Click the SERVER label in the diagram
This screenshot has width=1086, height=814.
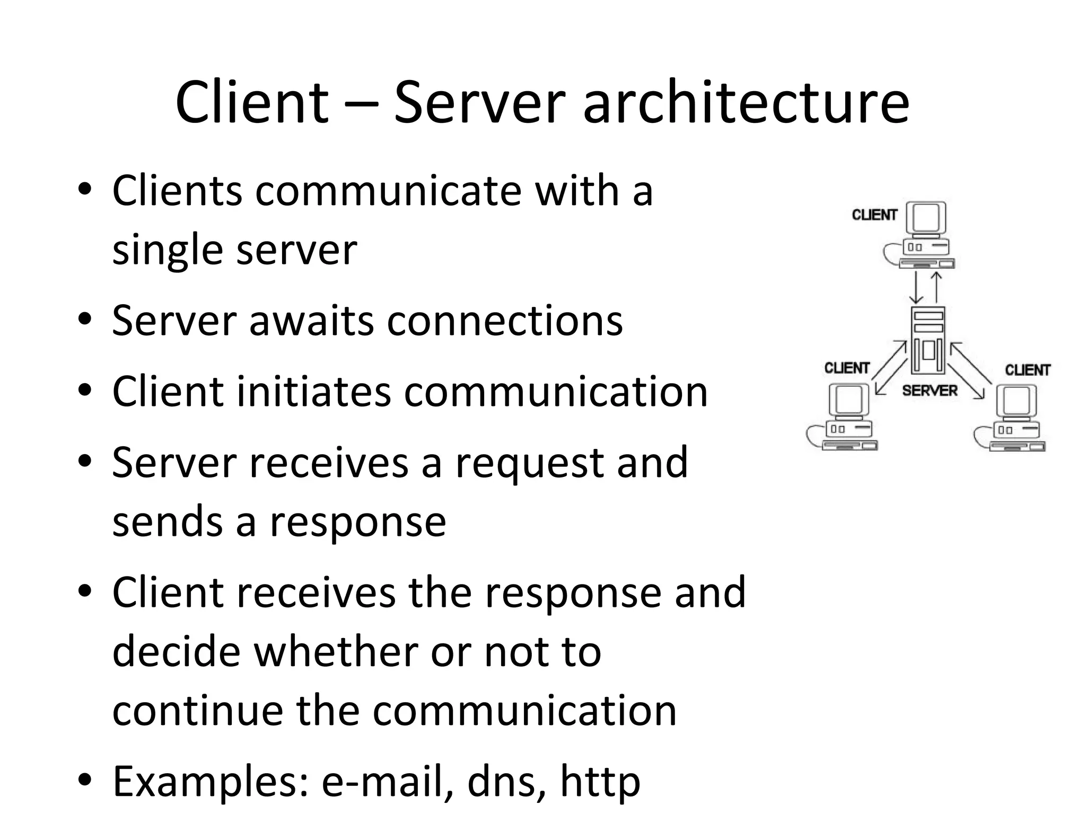[x=930, y=391]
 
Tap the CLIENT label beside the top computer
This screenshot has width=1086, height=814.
[x=874, y=215]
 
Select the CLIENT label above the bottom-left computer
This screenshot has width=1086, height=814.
[x=847, y=368]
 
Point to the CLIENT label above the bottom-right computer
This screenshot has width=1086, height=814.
[x=1028, y=370]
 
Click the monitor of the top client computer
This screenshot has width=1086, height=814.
[x=926, y=217]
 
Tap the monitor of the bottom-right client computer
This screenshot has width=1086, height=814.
[x=1017, y=401]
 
